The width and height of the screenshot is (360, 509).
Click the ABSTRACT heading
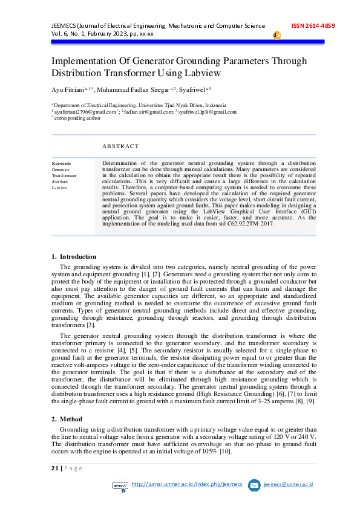[120, 146]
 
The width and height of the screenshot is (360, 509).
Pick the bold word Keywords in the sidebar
[61, 164]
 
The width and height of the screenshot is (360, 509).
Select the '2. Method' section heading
[65, 419]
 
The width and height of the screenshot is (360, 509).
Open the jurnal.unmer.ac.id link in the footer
[186, 484]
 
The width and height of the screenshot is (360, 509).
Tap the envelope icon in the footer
[254, 485]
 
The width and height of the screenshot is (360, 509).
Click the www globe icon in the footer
[121, 485]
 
